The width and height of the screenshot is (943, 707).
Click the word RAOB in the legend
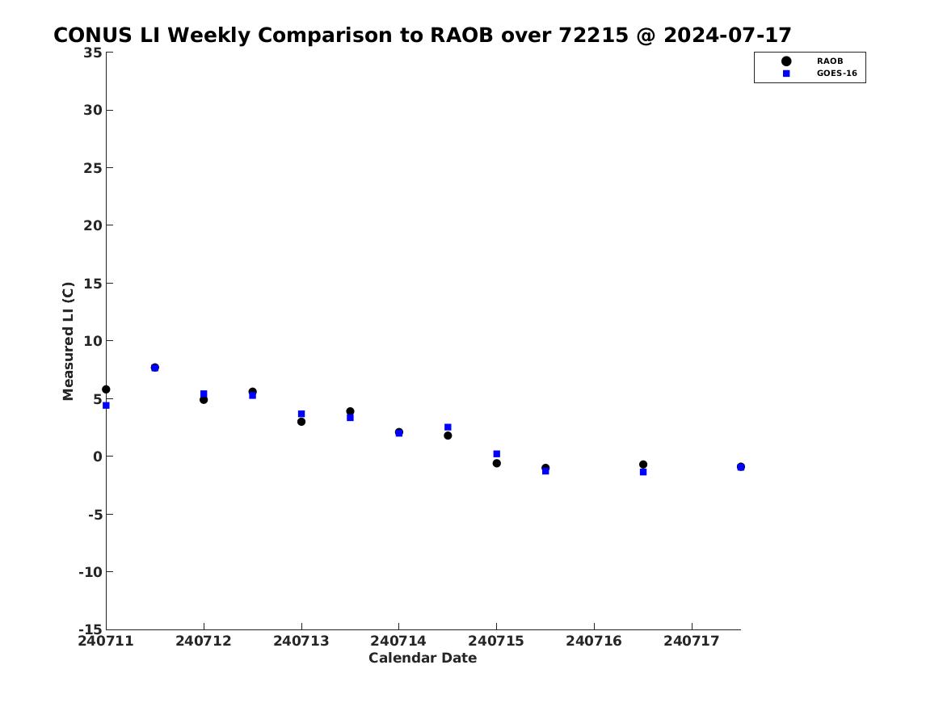(x=829, y=61)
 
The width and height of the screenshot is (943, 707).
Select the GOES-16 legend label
(x=836, y=74)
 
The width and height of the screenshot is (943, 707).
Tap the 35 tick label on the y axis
(x=93, y=53)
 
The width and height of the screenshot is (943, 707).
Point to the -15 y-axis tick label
(x=91, y=629)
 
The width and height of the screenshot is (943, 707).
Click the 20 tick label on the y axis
(x=93, y=225)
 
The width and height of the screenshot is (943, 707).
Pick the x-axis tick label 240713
(x=301, y=641)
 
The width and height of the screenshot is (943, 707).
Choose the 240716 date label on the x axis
(x=594, y=641)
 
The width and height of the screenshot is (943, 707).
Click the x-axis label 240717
(x=692, y=641)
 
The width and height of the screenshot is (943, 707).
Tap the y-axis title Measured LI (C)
(x=68, y=341)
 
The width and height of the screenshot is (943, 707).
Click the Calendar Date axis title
(x=422, y=658)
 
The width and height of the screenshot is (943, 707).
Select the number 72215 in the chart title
(x=593, y=35)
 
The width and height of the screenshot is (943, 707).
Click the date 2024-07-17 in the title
(x=727, y=35)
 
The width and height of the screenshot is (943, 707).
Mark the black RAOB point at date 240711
(x=106, y=389)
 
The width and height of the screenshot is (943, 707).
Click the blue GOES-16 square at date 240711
(x=106, y=405)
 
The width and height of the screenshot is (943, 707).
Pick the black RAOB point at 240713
(x=301, y=422)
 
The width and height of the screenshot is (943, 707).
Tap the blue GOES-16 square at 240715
(x=497, y=454)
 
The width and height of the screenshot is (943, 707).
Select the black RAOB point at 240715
(x=497, y=463)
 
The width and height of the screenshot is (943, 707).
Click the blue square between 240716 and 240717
(x=643, y=472)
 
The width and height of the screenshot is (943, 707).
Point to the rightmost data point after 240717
(x=740, y=466)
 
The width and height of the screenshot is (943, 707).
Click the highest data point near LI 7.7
(x=154, y=368)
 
